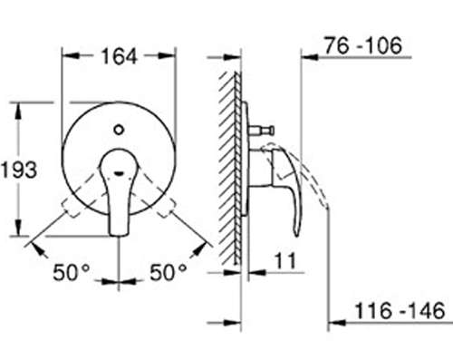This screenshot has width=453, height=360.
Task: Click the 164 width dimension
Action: point(119,56)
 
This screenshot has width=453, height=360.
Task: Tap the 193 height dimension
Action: point(19,170)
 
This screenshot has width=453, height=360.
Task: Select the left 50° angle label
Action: point(72,272)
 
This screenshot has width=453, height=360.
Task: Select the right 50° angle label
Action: point(168,272)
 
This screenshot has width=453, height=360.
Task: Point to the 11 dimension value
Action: point(285,261)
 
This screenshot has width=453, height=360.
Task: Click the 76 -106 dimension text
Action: point(363,45)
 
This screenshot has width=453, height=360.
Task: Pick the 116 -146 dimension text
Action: point(400,311)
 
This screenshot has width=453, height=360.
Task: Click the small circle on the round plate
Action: point(119,130)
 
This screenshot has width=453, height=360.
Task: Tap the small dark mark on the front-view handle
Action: point(119,173)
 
